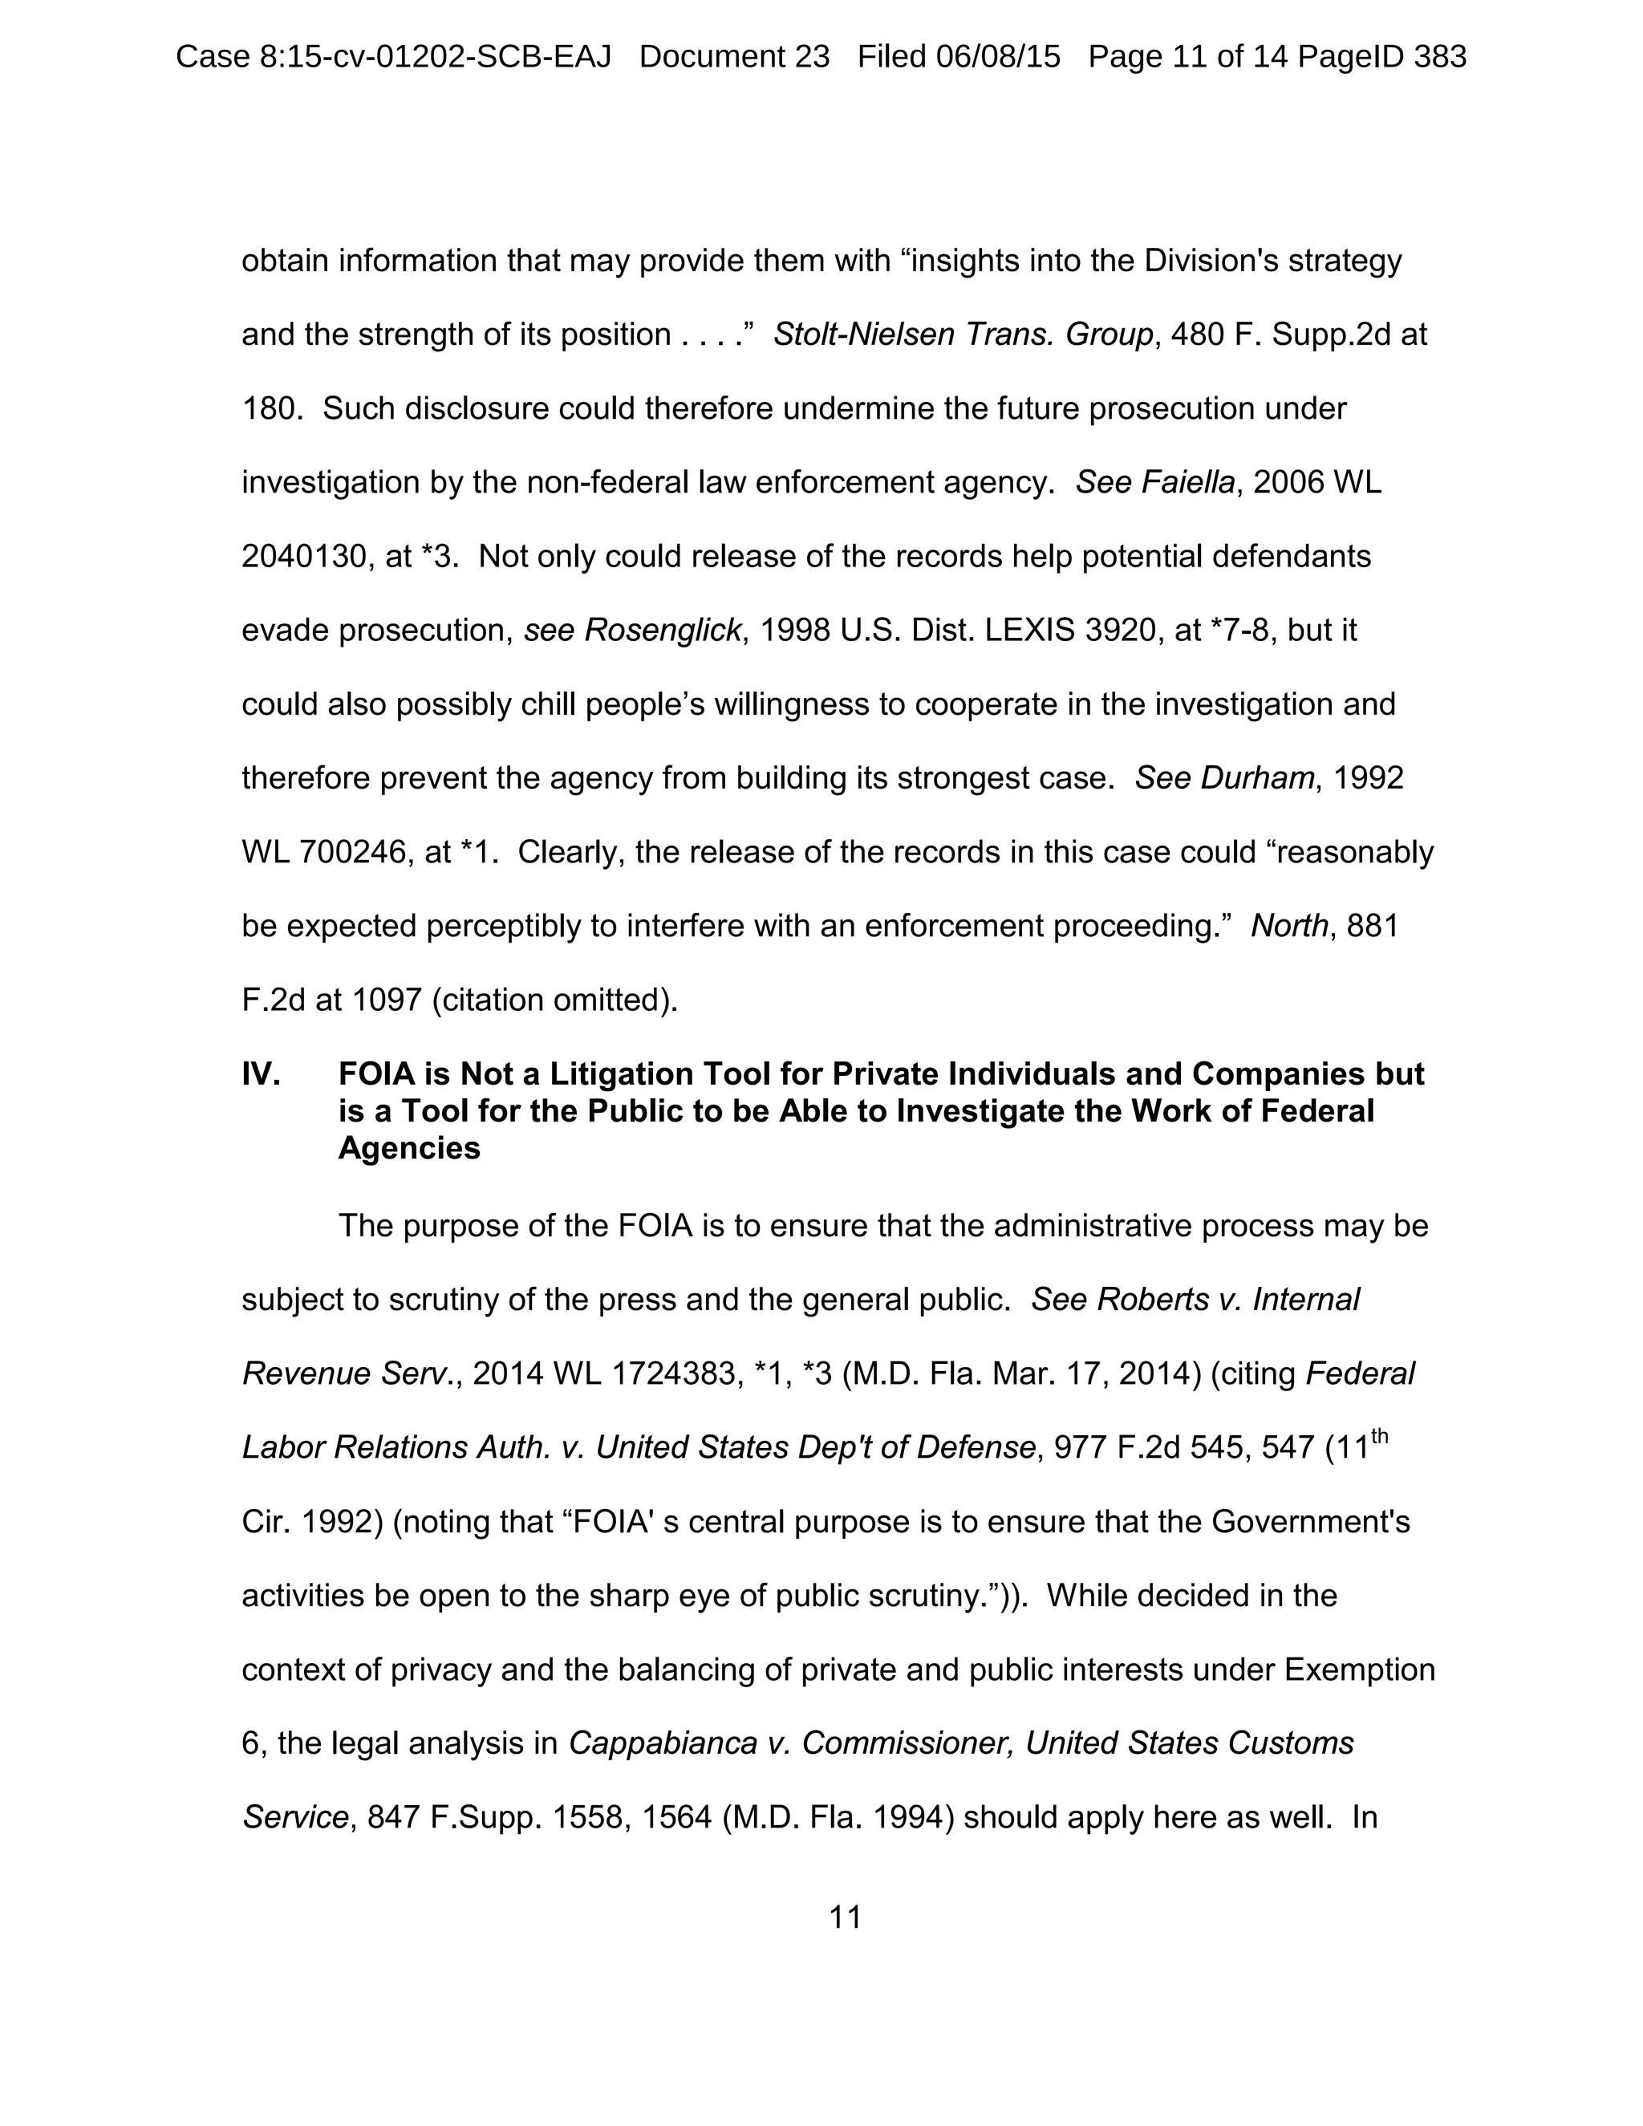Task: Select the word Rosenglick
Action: tap(663, 631)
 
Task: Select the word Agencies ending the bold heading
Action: tap(409, 1149)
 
